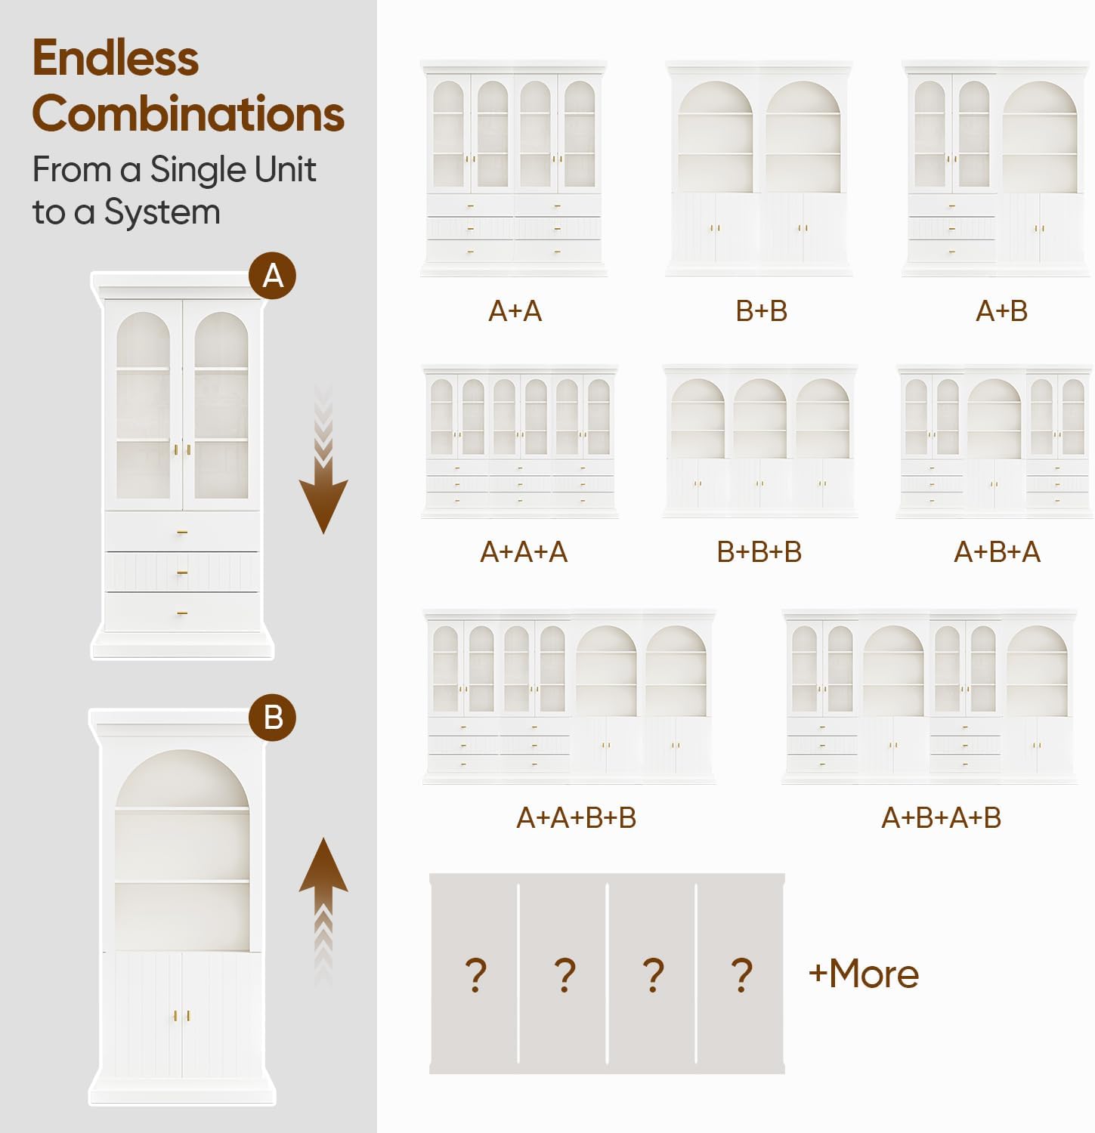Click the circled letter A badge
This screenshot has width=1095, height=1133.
click(272, 276)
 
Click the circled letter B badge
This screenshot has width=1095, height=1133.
click(272, 717)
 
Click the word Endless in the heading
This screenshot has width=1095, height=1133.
click(116, 58)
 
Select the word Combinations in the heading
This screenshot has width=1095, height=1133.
click(188, 114)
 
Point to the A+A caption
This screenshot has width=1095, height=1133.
click(515, 311)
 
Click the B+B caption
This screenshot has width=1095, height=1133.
click(762, 311)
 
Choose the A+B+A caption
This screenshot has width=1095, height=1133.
click(998, 552)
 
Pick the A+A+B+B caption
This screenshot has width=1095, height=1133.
click(577, 817)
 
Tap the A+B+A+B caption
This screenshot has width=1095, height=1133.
click(942, 817)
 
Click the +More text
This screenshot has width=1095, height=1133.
click(864, 974)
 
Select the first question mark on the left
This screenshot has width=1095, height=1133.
click(475, 975)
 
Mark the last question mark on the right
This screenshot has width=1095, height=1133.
click(742, 975)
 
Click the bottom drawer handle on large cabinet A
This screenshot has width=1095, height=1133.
click(182, 613)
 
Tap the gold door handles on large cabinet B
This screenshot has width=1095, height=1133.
click(182, 1016)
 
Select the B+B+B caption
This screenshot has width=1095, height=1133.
click(759, 552)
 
